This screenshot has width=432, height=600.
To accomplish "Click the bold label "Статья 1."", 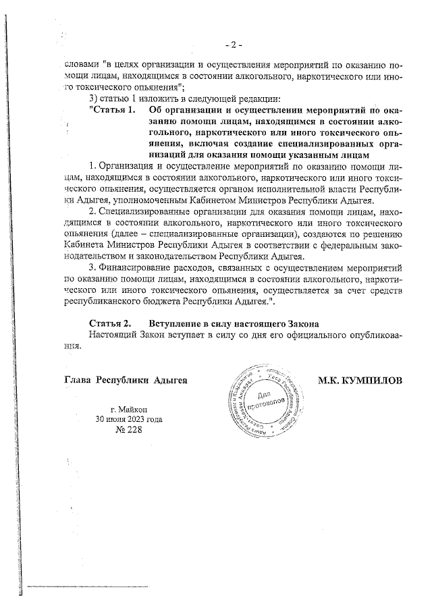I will [111, 110].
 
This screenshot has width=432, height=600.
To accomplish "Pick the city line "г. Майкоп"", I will [134, 409].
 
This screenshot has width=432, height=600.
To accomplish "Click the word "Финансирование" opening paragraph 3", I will [138, 268].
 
